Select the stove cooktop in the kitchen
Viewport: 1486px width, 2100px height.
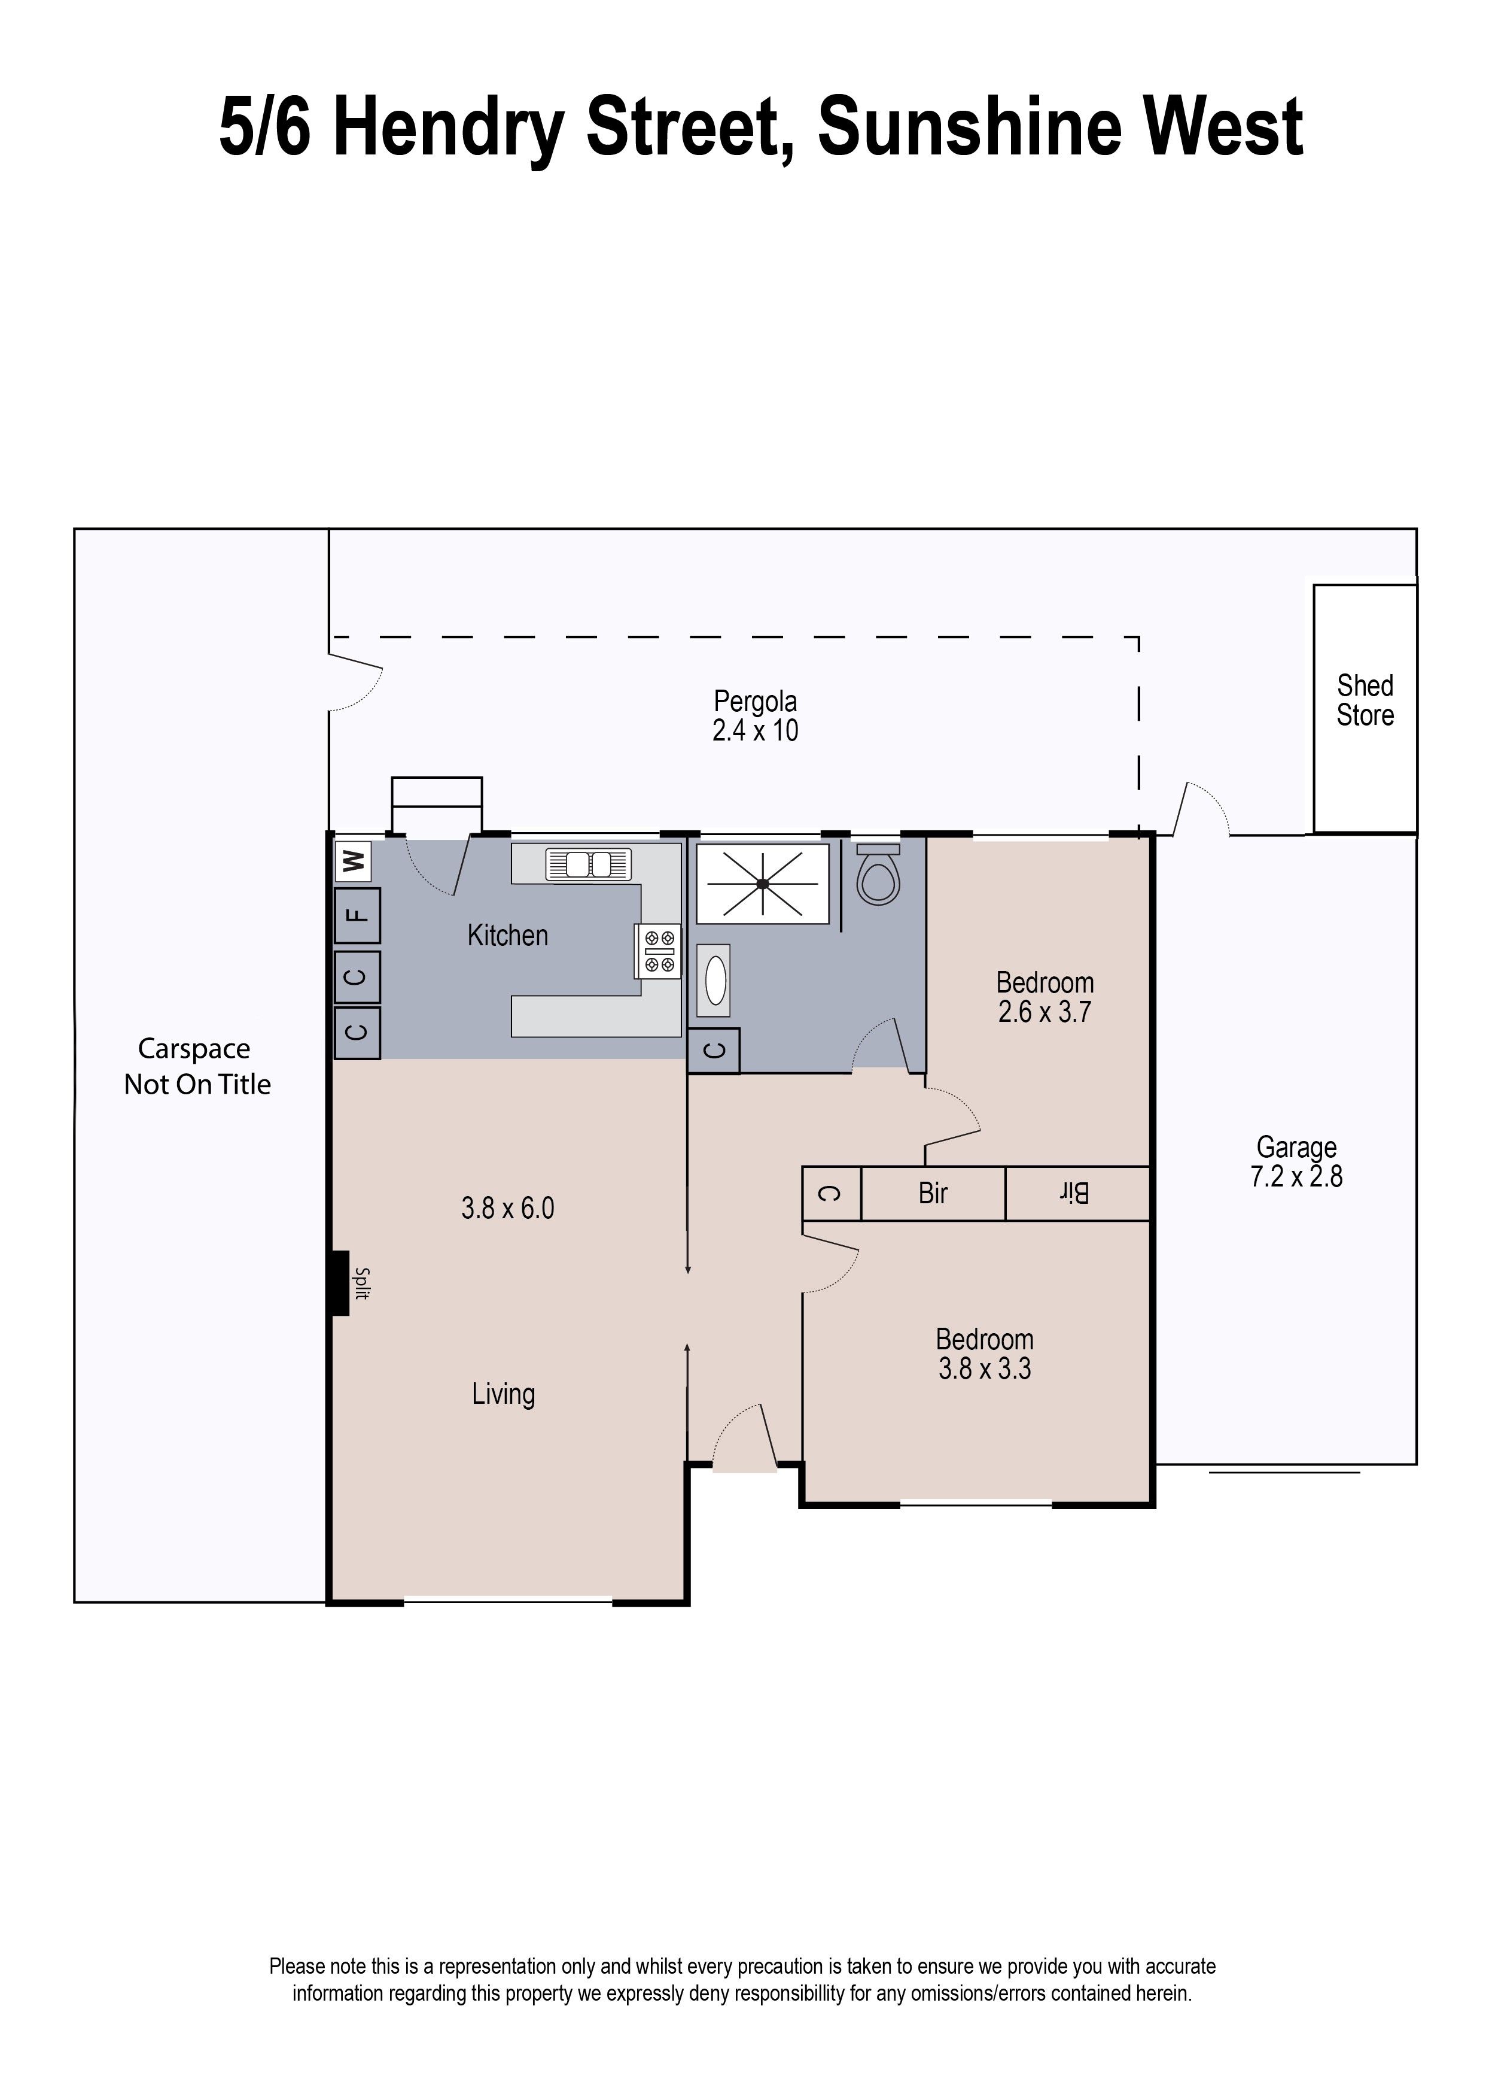(x=659, y=951)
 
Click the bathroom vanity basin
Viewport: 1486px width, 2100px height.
(x=715, y=981)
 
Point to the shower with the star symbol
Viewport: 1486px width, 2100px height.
(x=762, y=884)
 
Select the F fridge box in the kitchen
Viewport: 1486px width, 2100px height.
(x=358, y=915)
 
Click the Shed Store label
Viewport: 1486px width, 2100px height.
(x=1365, y=700)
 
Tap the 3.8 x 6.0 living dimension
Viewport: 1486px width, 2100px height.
(x=508, y=1209)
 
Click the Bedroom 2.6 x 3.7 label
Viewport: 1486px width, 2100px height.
(x=1044, y=997)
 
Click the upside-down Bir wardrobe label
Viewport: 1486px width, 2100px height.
(x=1075, y=1194)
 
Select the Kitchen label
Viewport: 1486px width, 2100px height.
(x=508, y=936)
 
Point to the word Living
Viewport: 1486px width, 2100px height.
(x=503, y=1394)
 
